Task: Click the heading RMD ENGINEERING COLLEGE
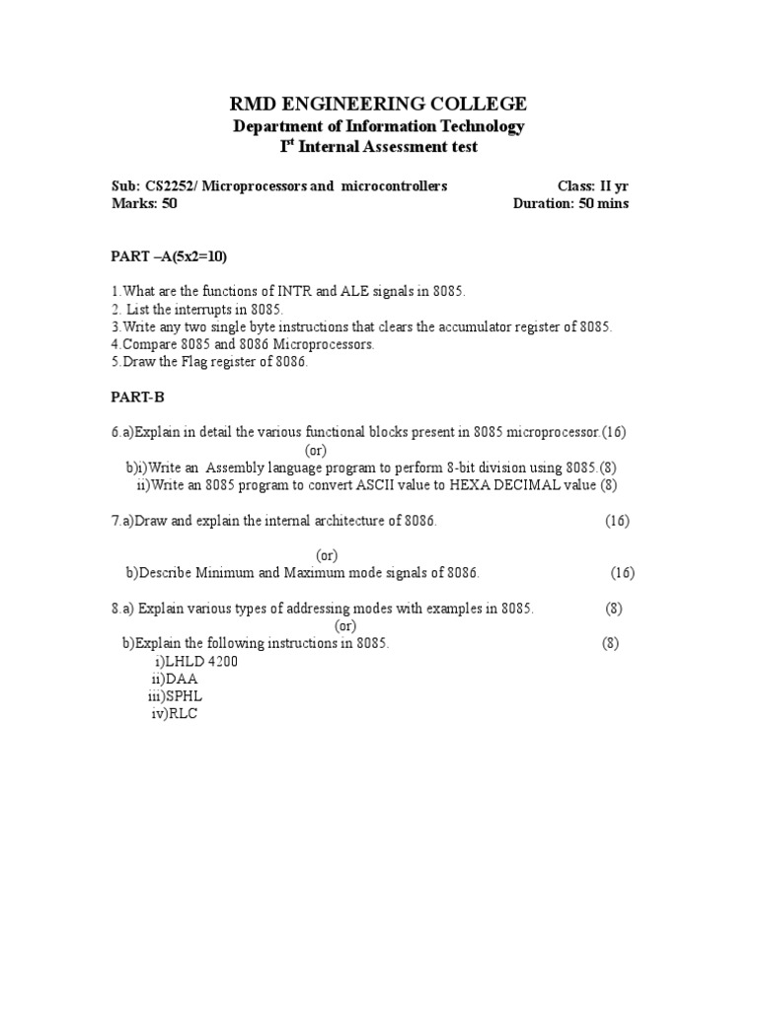pos(378,104)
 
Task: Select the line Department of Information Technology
pos(378,126)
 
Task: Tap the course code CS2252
pos(166,185)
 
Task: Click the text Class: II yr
pos(592,185)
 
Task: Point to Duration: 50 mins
pos(570,204)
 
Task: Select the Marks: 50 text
pos(143,204)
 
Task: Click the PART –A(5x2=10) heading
pos(169,256)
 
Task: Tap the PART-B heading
pos(136,396)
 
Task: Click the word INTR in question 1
pos(293,291)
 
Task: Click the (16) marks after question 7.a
pos(617,521)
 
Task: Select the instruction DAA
pos(182,679)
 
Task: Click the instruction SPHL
pos(185,696)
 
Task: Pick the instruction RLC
pos(183,714)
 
